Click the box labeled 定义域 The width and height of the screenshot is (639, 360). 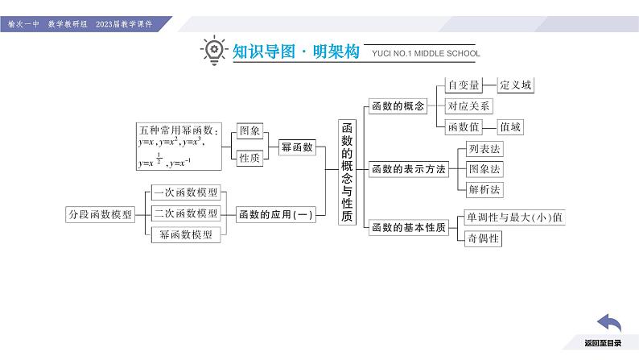(x=516, y=85)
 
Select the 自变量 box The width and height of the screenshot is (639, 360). (x=464, y=85)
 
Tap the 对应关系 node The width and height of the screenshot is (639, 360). (x=469, y=106)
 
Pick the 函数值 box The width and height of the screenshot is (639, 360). (x=464, y=126)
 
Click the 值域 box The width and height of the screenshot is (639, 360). (x=509, y=126)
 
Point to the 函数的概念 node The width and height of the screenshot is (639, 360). (x=397, y=106)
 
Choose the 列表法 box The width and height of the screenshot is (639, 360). (x=484, y=149)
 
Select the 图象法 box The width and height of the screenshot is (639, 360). (x=484, y=169)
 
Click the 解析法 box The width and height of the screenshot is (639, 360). (x=484, y=190)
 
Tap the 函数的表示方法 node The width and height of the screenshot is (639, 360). (x=408, y=169)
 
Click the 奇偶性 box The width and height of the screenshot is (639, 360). (x=483, y=238)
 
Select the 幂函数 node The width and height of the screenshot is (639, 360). (x=296, y=147)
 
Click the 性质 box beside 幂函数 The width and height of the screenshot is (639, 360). (x=249, y=158)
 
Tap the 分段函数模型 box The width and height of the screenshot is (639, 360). (x=99, y=214)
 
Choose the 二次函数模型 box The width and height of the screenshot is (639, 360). (x=185, y=213)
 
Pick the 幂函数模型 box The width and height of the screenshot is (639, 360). (x=185, y=234)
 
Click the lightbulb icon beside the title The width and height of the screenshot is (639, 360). (x=212, y=51)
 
